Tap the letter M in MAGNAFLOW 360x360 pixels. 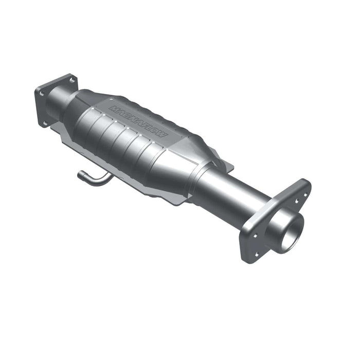[112, 109]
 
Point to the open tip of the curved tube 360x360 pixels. [80, 175]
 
